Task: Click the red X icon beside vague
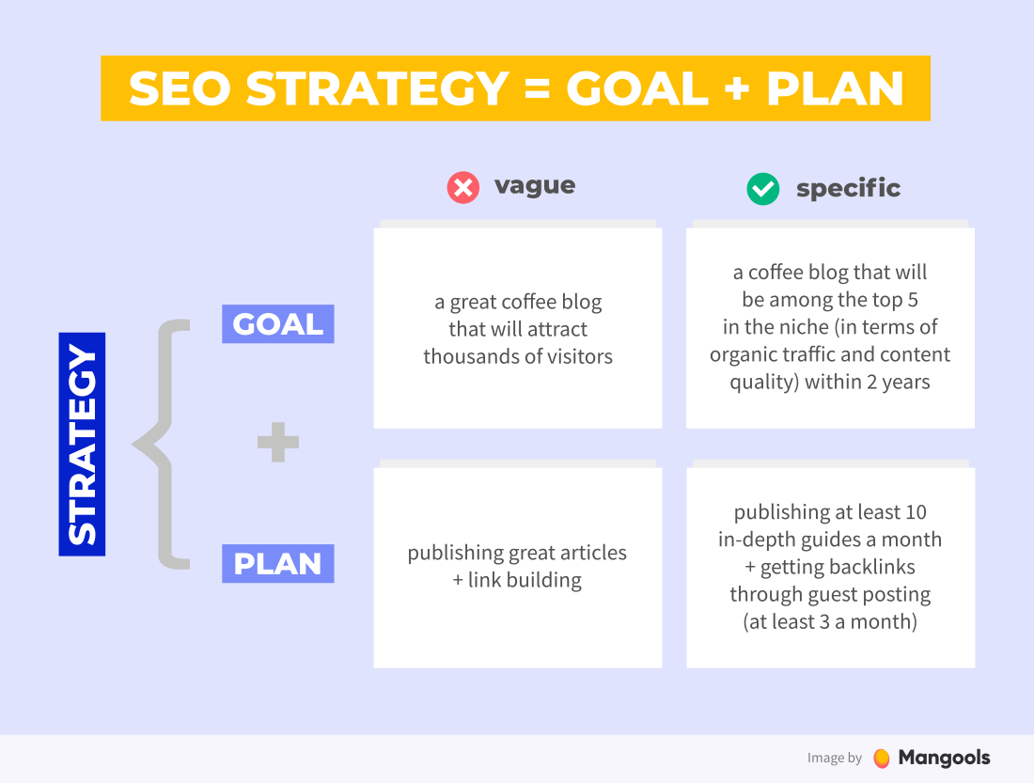pos(462,188)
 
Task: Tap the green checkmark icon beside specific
pos(762,189)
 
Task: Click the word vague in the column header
pos(535,185)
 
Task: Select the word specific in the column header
pos(848,189)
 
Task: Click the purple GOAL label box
pos(277,324)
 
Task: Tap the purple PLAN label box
pos(277,564)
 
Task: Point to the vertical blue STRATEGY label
pos(82,444)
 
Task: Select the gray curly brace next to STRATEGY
pos(163,444)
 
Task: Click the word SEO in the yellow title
pos(179,89)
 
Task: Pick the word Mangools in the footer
pos(944,758)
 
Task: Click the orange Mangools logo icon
pos(881,758)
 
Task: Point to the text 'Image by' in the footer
pos(834,759)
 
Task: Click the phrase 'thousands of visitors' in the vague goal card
pos(518,356)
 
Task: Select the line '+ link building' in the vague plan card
pos(517,580)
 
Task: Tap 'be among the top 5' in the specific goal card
pos(830,300)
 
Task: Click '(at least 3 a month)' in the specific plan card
pos(830,621)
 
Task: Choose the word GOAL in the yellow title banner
pos(636,89)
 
